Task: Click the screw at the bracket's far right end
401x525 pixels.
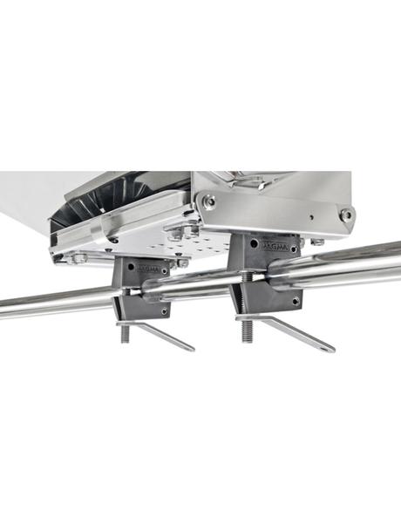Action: tap(346, 215)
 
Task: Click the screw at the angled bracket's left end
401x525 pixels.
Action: tap(209, 201)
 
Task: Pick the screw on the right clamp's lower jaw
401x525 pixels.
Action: tap(295, 301)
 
